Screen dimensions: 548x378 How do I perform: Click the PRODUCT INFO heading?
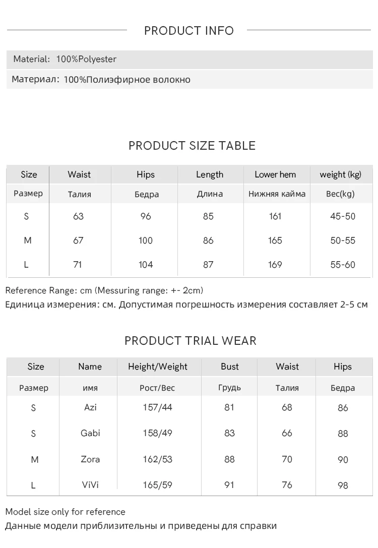[x=189, y=31]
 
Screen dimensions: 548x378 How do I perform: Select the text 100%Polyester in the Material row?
[x=86, y=59]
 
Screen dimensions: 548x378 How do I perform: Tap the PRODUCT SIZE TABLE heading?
[x=192, y=146]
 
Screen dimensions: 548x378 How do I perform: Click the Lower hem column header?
[x=275, y=174]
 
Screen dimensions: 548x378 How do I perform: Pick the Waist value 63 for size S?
[x=78, y=216]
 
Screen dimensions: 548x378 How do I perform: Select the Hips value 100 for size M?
[x=146, y=240]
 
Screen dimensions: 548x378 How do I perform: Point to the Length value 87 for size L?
[x=208, y=265]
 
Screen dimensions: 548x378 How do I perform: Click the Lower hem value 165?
[x=275, y=240]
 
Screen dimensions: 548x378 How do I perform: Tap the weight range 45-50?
[x=343, y=216]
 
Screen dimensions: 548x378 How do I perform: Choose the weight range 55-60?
[x=343, y=265]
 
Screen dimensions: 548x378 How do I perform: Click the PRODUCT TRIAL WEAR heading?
[x=191, y=341]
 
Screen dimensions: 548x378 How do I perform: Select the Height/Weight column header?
[x=158, y=367]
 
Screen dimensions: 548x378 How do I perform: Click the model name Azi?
[x=90, y=407]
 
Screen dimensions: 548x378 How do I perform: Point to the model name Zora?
[x=90, y=459]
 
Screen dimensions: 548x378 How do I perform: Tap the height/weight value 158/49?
[x=158, y=433]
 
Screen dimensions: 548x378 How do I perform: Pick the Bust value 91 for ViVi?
[x=229, y=485]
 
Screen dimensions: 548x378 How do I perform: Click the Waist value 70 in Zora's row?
[x=287, y=459]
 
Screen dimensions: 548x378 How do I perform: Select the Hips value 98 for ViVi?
[x=343, y=485]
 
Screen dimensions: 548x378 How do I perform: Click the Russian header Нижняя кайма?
[x=277, y=194]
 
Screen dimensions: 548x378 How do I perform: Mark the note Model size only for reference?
[x=66, y=512]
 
